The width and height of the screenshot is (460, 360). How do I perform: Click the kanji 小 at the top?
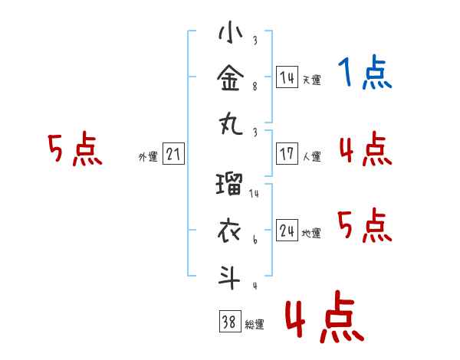click(x=231, y=31)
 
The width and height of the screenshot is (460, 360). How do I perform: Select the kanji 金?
click(x=231, y=78)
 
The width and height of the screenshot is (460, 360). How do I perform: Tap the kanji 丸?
click(x=231, y=124)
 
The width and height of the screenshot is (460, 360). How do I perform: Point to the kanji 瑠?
click(x=229, y=184)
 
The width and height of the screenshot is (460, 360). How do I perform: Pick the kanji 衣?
click(x=229, y=231)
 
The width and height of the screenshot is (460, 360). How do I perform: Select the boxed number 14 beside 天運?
click(x=287, y=77)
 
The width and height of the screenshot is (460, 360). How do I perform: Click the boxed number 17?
click(x=287, y=154)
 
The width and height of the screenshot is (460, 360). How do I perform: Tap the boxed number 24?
click(x=287, y=230)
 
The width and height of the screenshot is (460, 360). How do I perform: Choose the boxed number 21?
click(x=173, y=154)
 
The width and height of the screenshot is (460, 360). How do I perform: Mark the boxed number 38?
click(x=230, y=321)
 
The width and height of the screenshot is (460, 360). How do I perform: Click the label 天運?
click(x=312, y=80)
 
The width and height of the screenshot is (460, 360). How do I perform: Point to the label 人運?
click(x=312, y=156)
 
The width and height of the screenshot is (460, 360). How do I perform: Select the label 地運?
click(x=311, y=233)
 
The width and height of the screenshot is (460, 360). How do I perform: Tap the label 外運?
click(x=148, y=156)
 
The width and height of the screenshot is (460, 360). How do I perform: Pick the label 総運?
click(x=255, y=324)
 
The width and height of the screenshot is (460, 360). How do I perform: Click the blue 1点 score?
click(x=365, y=72)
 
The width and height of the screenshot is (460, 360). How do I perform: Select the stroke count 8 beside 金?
click(x=255, y=87)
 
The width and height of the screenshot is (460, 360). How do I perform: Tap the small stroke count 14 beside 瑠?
click(x=254, y=194)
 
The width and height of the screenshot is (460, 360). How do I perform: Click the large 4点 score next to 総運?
click(x=325, y=316)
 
